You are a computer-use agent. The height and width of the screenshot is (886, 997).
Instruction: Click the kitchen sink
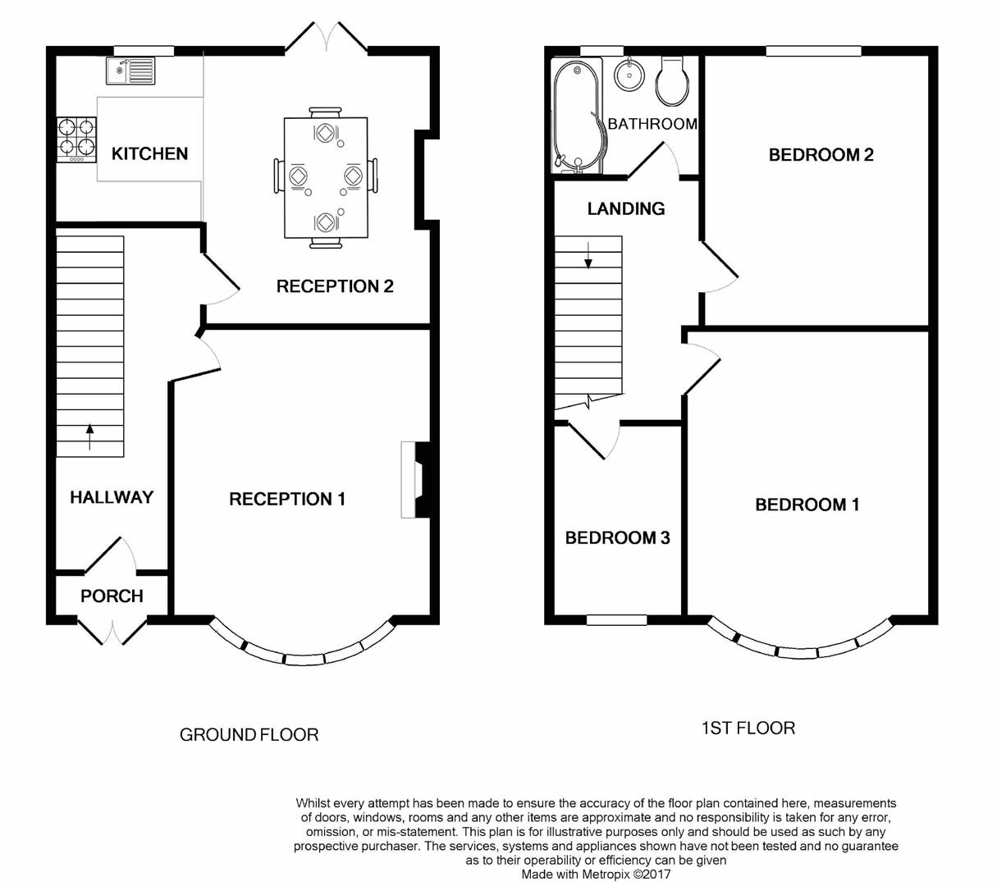click(130, 71)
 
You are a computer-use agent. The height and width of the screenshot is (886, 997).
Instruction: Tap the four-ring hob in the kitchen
click(76, 138)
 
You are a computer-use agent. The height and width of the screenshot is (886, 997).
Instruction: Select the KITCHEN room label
click(149, 154)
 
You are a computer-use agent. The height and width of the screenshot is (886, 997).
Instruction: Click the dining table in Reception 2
click(326, 178)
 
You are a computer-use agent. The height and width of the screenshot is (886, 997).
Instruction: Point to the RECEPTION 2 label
click(335, 286)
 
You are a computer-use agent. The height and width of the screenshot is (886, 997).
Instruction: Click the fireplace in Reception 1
click(416, 480)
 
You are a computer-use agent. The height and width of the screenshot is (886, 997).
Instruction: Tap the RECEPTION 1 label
click(287, 499)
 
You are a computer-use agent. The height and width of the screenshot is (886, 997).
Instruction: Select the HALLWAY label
click(112, 497)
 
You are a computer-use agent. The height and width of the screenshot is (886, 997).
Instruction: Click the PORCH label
click(112, 596)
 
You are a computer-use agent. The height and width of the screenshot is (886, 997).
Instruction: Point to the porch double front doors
click(112, 629)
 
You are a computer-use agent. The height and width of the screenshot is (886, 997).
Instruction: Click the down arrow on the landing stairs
click(588, 255)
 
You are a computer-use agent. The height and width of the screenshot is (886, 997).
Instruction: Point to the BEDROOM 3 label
click(617, 538)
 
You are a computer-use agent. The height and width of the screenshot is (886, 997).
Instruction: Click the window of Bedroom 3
click(617, 620)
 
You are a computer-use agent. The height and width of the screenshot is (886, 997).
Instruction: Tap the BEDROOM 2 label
click(821, 155)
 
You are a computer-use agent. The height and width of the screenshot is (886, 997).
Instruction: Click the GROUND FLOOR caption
click(249, 735)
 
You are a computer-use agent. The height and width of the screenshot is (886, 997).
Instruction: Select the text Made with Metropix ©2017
click(597, 875)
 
